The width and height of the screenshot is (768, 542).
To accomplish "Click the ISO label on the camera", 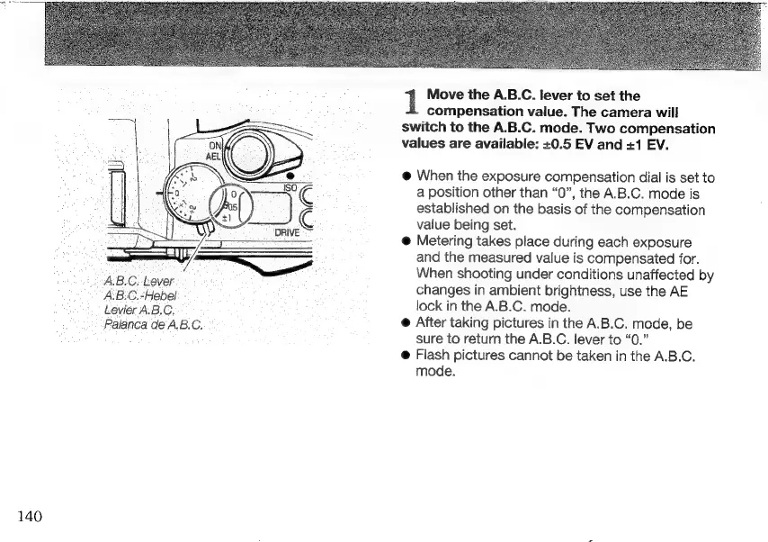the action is click(x=289, y=187).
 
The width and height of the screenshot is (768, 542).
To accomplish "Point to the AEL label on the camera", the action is click(x=214, y=155).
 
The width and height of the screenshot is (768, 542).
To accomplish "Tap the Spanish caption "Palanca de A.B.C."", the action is click(x=154, y=325).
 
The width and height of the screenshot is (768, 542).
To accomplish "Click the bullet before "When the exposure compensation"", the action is click(x=406, y=178).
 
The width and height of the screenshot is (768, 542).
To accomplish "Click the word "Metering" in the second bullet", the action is click(x=446, y=243).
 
